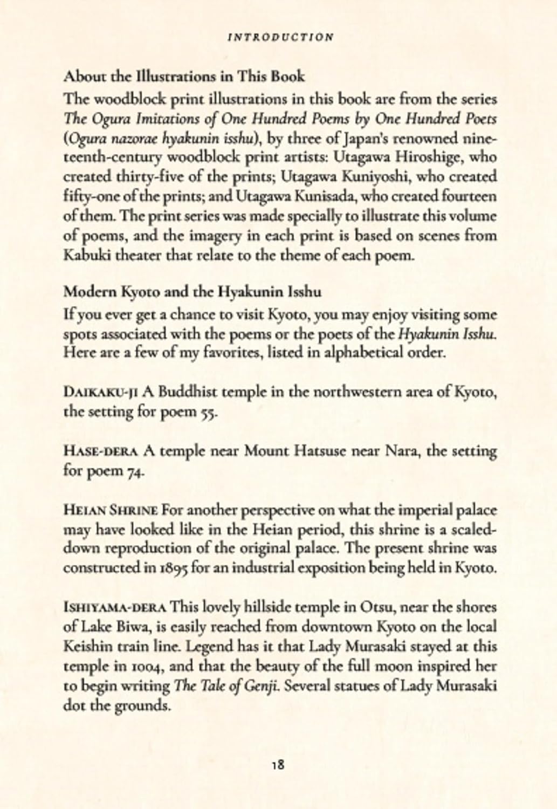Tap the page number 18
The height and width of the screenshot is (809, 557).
tap(279, 764)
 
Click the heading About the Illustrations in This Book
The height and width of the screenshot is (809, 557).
tap(184, 77)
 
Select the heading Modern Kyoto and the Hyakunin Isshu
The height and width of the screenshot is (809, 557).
tap(192, 292)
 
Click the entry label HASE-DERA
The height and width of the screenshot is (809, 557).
tap(102, 451)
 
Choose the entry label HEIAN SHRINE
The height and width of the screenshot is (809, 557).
tap(111, 510)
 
